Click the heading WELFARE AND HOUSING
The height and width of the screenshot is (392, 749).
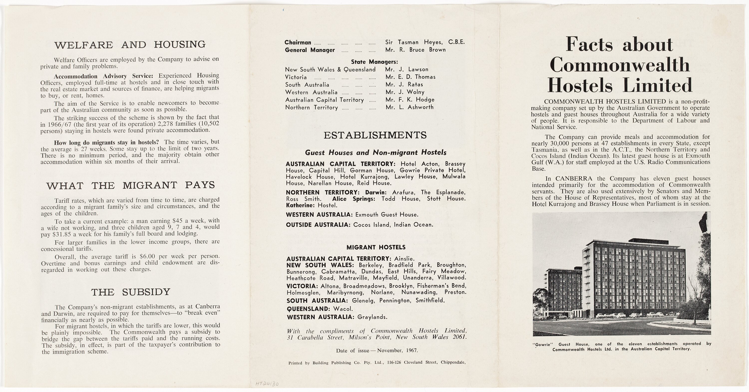point(130,45)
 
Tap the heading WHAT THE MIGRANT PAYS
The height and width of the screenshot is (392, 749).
point(131,185)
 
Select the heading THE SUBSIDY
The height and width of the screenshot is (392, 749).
point(131,292)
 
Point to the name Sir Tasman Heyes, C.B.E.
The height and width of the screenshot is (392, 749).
point(425,42)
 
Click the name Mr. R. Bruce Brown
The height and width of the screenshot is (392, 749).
point(415,50)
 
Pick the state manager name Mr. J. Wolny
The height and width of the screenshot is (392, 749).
point(405,92)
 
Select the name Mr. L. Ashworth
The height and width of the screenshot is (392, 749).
point(409,107)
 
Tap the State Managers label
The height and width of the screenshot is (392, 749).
point(374,62)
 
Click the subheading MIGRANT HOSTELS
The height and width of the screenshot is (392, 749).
point(376,247)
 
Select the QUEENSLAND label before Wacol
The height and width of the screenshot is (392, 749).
point(308,309)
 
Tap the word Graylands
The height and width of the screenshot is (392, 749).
point(372,317)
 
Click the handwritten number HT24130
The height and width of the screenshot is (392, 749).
point(267,384)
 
